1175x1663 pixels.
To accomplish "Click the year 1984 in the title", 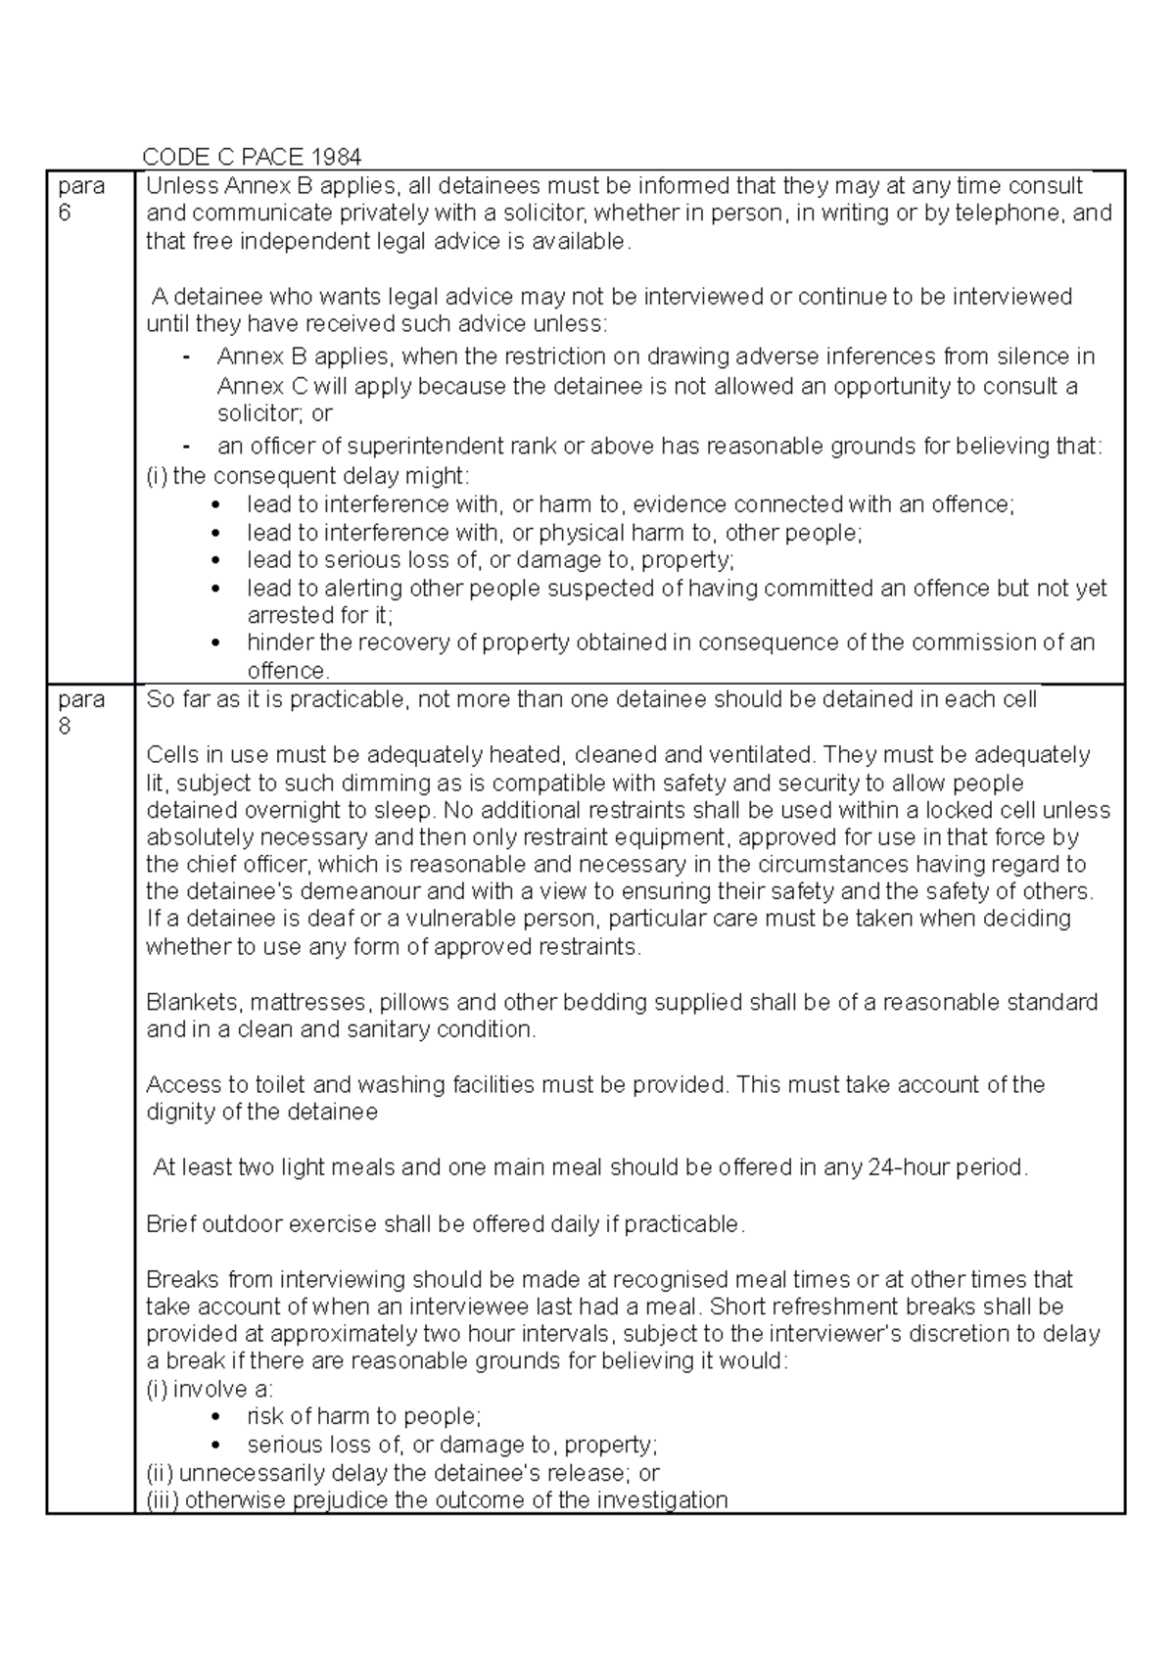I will click(336, 157).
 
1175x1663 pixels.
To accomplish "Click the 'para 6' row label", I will click(81, 199).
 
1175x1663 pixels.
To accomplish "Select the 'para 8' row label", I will click(81, 712).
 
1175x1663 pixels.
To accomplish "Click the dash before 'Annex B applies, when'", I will click(187, 356).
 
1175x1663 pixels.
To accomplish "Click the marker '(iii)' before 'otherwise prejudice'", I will click(163, 1500).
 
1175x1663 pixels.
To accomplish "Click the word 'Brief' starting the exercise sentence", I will click(170, 1224).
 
